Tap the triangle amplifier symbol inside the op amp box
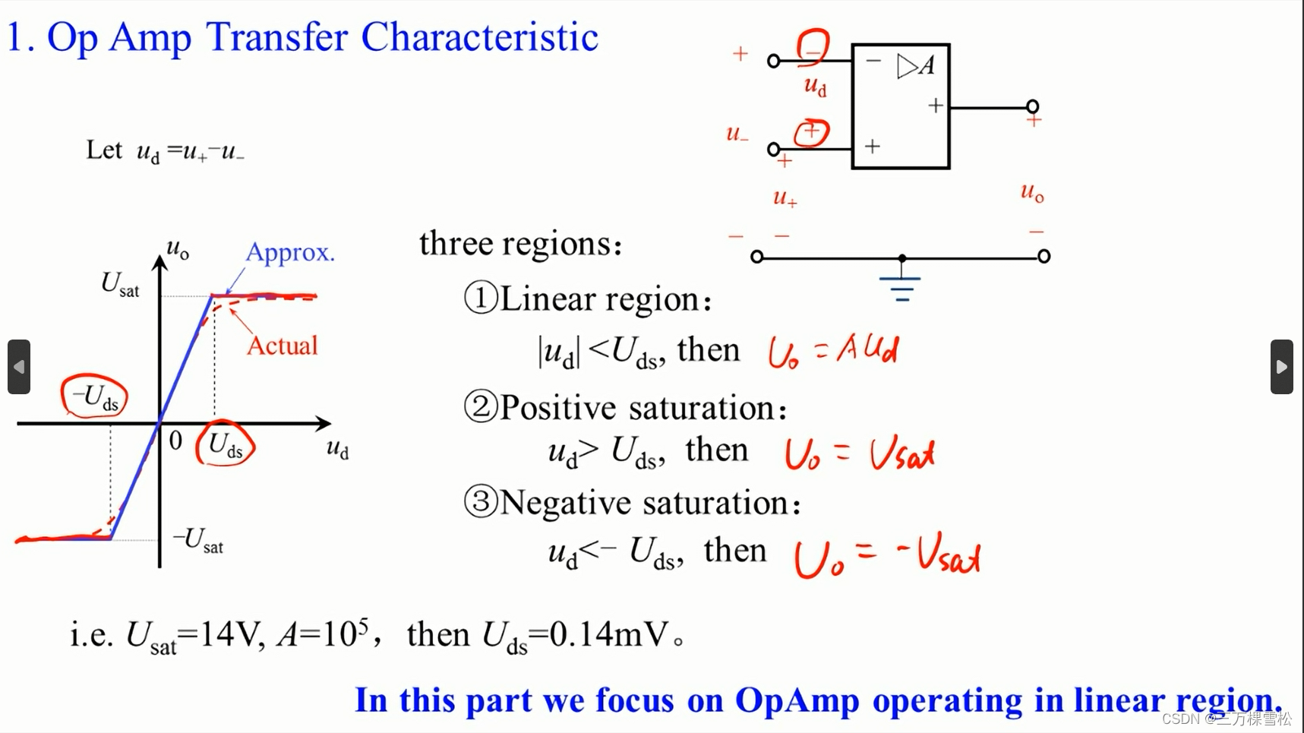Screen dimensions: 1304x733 907,67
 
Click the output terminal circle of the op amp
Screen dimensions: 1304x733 1032,106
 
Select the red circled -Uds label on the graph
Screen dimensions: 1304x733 94,397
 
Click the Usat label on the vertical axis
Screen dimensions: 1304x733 120,285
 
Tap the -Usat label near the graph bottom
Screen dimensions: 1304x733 199,540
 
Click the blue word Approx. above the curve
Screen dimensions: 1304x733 289,252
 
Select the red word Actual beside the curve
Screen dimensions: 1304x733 282,346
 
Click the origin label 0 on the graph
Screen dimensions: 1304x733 175,441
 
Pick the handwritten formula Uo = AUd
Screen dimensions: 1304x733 832,352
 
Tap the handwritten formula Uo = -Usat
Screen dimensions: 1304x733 887,558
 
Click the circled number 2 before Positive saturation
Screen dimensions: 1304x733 481,407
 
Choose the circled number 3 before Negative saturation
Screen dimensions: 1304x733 481,502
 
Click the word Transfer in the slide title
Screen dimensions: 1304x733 277,36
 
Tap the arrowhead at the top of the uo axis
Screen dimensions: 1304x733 159,263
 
